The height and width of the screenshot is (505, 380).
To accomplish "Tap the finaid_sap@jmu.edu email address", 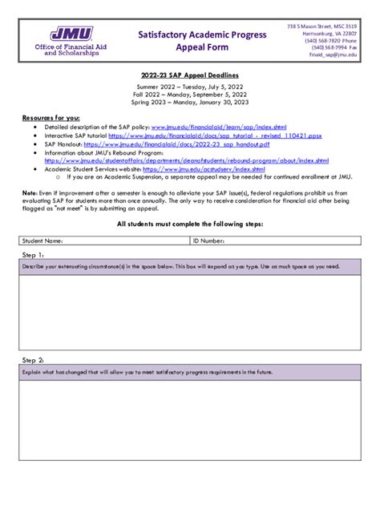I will (334, 55).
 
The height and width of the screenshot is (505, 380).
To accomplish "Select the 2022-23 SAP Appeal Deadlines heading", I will (189, 74).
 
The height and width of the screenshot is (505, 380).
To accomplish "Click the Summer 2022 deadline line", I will (189, 86).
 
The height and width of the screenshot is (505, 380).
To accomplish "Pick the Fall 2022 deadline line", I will (189, 94).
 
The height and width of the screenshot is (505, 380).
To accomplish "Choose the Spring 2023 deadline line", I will (189, 102).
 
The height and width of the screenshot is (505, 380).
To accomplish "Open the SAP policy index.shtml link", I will (217, 126).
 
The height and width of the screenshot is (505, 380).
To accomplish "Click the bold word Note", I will (29, 193).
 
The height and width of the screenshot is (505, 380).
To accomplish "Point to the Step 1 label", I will (33, 254).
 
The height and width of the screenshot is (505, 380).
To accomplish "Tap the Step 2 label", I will (33, 360).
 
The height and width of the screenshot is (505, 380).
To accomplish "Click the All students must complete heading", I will (189, 224).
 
